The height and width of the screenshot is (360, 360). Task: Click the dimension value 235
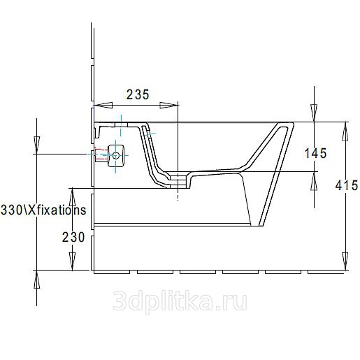[138, 94]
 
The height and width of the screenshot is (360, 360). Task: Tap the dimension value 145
[316, 153]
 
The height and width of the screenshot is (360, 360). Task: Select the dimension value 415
[347, 185]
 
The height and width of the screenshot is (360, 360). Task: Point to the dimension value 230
[73, 238]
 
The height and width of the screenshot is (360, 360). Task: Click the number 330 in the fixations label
[12, 210]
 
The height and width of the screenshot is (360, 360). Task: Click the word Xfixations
[57, 210]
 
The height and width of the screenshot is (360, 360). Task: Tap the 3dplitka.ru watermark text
[180, 301]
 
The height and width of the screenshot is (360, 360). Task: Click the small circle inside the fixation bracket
[116, 155]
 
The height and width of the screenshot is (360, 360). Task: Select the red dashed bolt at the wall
[101, 154]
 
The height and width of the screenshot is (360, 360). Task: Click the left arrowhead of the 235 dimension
[103, 106]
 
